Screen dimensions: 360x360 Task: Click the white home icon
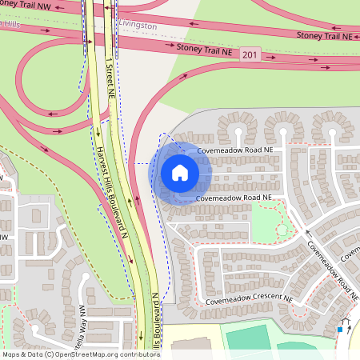[x=180, y=172]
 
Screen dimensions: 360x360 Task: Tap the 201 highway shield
[x=250, y=54]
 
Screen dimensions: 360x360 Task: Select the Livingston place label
[x=137, y=25]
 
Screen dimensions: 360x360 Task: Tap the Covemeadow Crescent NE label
[x=249, y=301]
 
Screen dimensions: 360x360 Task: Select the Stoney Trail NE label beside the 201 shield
[x=206, y=49]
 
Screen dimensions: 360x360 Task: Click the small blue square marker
[x=340, y=329]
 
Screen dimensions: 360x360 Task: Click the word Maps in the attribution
[x=12, y=354]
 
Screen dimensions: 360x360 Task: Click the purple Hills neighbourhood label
[x=10, y=25]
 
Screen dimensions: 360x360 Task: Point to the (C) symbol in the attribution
[x=49, y=354]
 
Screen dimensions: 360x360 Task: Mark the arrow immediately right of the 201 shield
[x=272, y=58]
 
